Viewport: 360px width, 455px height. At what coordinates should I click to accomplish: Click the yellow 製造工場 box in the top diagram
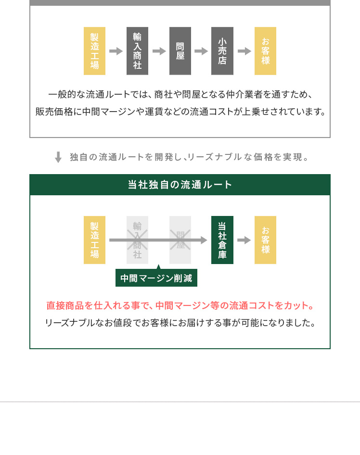point(94,51)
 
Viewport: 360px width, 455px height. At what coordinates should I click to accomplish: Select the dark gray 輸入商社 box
point(137,51)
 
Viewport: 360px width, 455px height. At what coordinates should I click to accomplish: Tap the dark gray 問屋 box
point(180,51)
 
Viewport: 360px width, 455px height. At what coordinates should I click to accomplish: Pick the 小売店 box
point(222,51)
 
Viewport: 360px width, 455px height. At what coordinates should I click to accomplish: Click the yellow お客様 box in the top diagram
point(265,51)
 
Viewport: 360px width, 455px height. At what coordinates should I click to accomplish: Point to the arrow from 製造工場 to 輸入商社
point(116,51)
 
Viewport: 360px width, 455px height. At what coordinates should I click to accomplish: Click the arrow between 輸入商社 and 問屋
point(159,51)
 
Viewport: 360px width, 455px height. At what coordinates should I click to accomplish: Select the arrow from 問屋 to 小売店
point(201,51)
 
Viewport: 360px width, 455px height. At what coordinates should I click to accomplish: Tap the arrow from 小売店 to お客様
point(244,51)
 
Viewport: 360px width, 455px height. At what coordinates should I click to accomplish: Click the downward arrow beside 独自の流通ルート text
point(58,157)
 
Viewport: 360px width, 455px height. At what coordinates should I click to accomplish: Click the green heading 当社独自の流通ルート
point(180,185)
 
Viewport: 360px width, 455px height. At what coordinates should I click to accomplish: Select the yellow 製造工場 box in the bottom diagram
point(94,240)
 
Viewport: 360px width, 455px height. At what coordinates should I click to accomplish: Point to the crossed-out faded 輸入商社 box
point(137,240)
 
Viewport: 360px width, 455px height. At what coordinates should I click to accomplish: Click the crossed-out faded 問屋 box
point(180,240)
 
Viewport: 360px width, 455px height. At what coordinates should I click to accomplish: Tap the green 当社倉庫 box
point(222,240)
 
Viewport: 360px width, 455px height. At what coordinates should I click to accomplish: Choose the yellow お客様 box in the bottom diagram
point(265,240)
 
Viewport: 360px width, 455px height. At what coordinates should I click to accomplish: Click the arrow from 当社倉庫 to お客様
point(244,240)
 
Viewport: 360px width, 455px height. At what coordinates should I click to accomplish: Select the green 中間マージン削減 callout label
point(156,278)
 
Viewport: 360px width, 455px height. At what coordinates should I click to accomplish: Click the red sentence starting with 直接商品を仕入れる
point(180,305)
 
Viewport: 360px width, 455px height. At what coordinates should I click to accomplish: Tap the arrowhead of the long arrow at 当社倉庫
point(204,240)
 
